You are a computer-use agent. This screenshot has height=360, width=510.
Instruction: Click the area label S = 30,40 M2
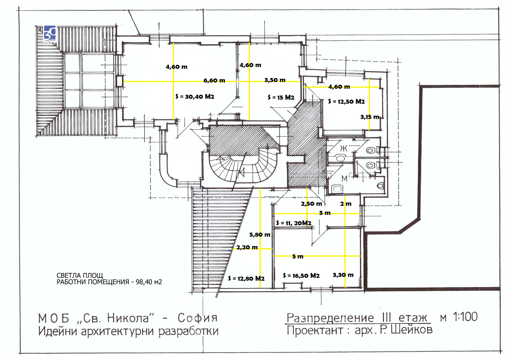(195, 97)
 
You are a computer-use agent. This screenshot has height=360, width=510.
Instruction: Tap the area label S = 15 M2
(281, 97)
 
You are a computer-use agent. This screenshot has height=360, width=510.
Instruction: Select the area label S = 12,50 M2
(346, 102)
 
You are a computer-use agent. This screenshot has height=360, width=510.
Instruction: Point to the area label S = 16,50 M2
(301, 276)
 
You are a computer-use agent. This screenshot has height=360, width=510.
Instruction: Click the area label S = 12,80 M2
(246, 278)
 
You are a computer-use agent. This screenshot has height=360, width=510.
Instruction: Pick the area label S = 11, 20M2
(294, 223)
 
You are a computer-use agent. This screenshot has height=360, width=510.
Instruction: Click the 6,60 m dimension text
(214, 81)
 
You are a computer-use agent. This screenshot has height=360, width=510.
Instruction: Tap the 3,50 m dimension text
(275, 80)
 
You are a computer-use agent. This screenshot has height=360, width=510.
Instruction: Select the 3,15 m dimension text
(370, 117)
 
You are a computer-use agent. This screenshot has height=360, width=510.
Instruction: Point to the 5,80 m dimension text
(259, 235)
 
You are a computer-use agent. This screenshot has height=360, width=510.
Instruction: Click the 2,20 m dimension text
(247, 247)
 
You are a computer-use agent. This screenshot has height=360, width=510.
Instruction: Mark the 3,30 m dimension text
(343, 275)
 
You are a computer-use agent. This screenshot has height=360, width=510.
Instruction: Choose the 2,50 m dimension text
(311, 204)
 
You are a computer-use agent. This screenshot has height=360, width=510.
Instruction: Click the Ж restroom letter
(343, 148)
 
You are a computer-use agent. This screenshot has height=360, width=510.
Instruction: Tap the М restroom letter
(344, 179)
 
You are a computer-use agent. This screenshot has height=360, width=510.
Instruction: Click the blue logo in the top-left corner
(50, 33)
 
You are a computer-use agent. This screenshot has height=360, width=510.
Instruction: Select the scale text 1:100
(465, 317)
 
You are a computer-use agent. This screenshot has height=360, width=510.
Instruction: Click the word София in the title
(198, 318)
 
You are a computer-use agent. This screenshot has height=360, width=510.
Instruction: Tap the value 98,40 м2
(149, 282)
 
